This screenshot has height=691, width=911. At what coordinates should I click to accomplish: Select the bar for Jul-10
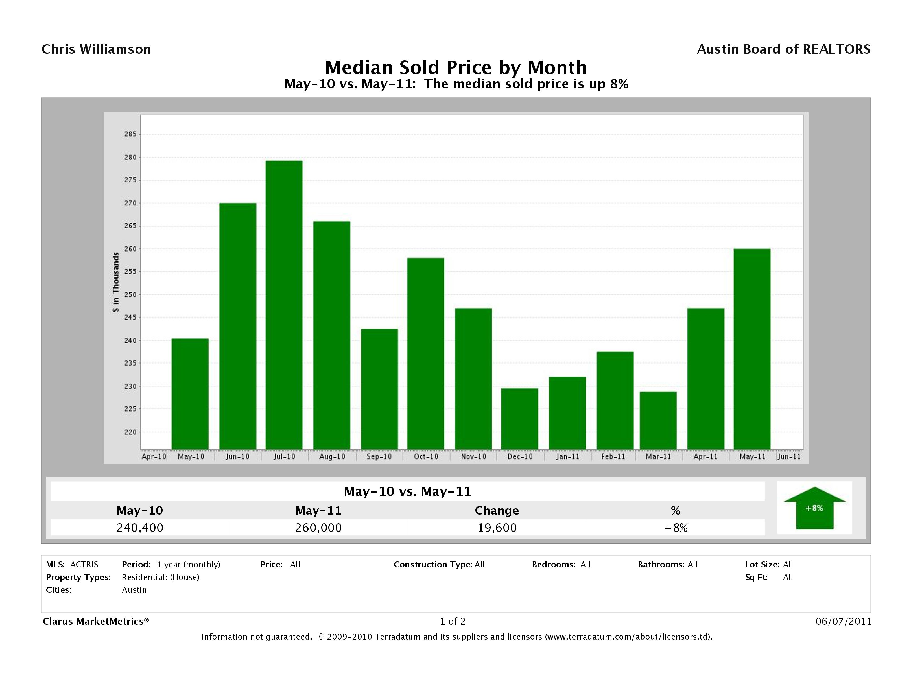click(284, 305)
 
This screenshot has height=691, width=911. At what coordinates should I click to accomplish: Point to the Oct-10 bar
click(425, 353)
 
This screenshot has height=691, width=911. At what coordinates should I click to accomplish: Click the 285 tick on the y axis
click(130, 134)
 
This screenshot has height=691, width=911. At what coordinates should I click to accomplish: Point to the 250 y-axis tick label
click(130, 294)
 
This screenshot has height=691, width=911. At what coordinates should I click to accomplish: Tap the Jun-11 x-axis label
click(789, 457)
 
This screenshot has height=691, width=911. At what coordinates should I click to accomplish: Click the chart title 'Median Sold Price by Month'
click(456, 67)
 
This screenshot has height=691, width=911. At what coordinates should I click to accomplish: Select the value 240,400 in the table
click(140, 528)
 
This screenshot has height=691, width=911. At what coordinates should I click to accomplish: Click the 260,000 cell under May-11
click(318, 528)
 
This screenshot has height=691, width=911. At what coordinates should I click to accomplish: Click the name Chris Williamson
click(96, 49)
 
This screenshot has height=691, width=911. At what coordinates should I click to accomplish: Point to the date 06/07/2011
click(844, 621)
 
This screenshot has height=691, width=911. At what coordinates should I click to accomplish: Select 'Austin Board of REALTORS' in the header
click(783, 49)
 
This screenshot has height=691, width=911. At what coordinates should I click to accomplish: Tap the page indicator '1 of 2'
click(453, 621)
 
